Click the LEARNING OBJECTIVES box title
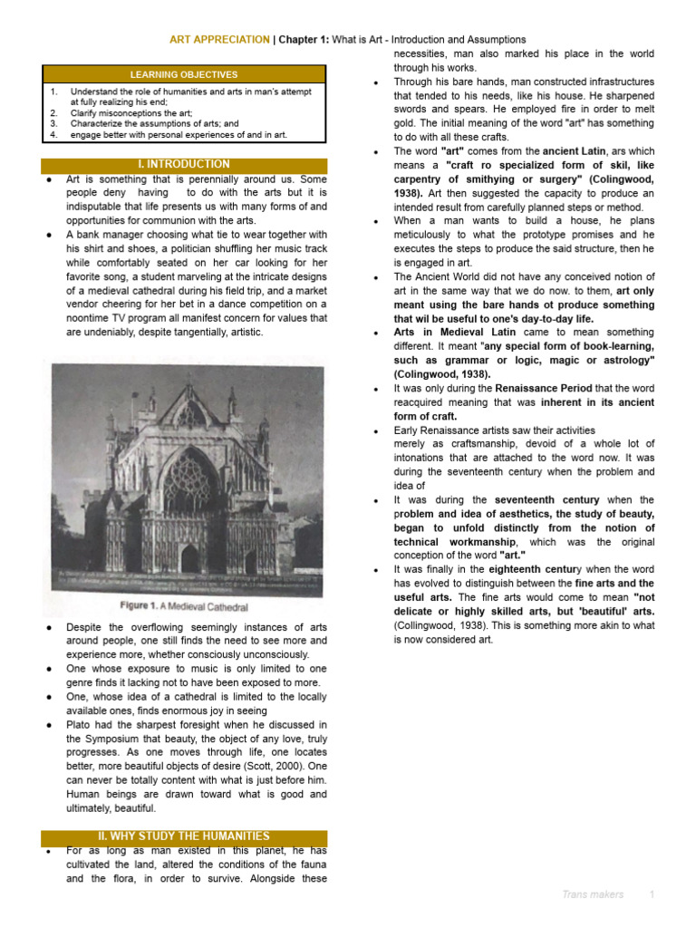pos(183,74)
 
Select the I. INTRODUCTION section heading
pos(184,164)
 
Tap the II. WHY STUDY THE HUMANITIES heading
pos(184,836)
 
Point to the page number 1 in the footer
pos(651,894)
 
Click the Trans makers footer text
pos(592,894)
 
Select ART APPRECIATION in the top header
pos(220,40)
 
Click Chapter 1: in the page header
pos(303,40)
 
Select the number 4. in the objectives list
pos(53,134)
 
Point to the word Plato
pos(79,725)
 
